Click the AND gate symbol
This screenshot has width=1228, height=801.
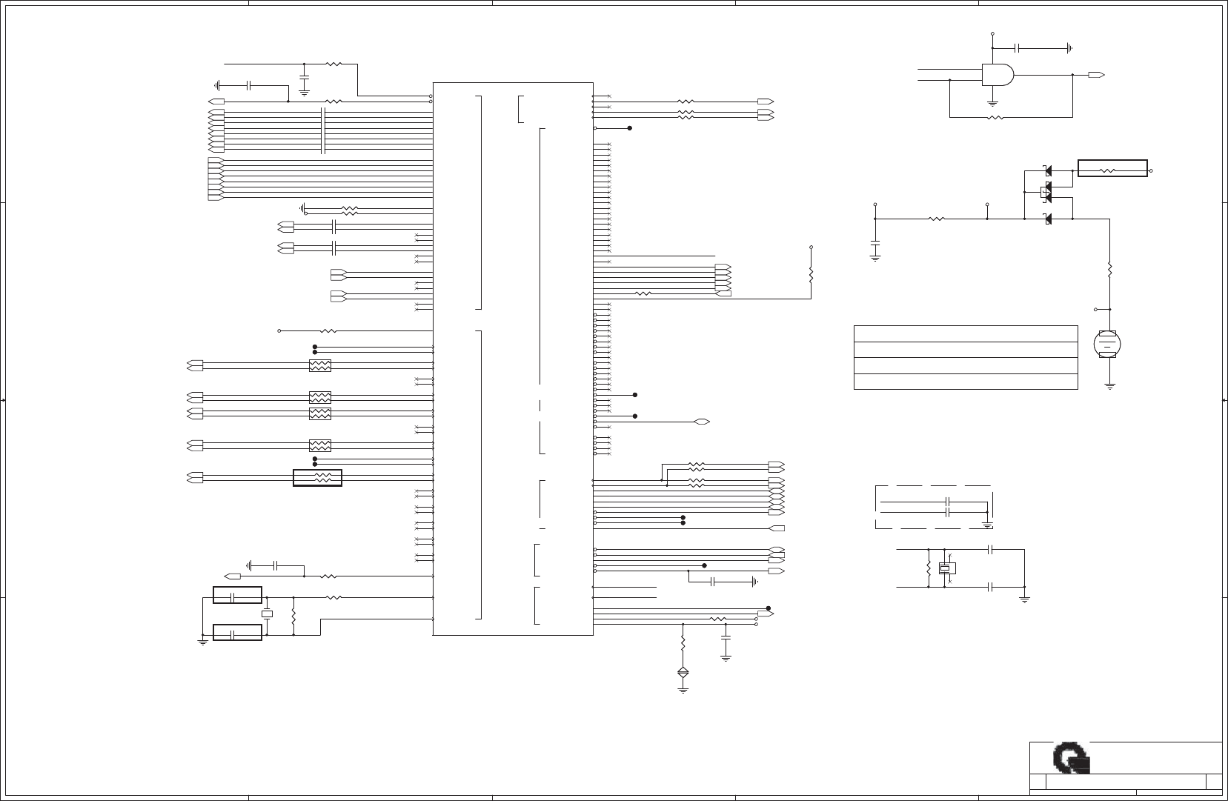[x=997, y=74]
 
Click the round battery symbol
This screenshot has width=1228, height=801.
[x=1107, y=343]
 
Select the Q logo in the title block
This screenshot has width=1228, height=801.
[x=1071, y=760]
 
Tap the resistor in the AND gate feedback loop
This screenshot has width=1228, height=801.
[x=995, y=117]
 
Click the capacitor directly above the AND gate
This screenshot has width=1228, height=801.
[x=1018, y=48]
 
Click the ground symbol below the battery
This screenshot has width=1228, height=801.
[x=1109, y=386]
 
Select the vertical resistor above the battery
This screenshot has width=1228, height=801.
[x=1109, y=268]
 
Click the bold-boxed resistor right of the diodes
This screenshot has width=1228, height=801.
[x=1112, y=169]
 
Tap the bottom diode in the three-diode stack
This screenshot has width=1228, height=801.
[x=1047, y=219]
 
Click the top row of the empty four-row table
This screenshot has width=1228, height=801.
[x=965, y=333]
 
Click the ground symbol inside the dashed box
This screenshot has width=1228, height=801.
[x=987, y=524]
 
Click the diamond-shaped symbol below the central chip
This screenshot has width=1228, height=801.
[x=683, y=673]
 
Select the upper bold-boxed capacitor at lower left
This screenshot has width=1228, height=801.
[x=237, y=595]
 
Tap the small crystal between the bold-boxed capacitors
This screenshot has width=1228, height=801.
[x=267, y=614]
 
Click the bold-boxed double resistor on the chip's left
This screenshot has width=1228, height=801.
[x=318, y=478]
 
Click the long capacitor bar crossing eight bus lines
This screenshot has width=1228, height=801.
[x=323, y=130]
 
